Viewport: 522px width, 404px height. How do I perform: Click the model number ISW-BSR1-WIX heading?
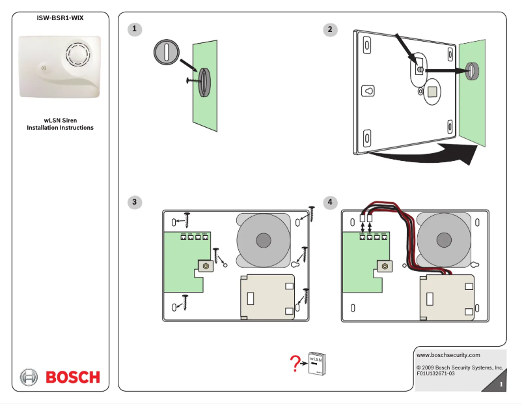point(60,18)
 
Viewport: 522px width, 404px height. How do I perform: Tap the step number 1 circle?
point(135,29)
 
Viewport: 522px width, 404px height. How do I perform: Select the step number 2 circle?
point(331,29)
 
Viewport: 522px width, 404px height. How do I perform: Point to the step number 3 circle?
point(135,203)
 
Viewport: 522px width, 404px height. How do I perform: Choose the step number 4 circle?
point(331,203)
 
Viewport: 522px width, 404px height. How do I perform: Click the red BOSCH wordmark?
point(72,377)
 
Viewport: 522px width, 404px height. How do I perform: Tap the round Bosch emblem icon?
point(29,377)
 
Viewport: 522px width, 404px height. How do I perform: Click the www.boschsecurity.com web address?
point(448,355)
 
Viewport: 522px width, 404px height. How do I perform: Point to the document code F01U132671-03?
point(435,374)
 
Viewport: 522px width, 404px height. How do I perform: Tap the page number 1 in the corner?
point(500,385)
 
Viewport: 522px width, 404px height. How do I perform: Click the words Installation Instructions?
point(60,128)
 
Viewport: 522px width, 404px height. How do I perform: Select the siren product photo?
point(60,66)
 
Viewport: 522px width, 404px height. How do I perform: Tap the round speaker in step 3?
point(263,240)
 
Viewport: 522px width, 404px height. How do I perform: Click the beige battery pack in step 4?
point(449,297)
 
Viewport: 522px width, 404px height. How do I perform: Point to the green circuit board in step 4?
point(362,261)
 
